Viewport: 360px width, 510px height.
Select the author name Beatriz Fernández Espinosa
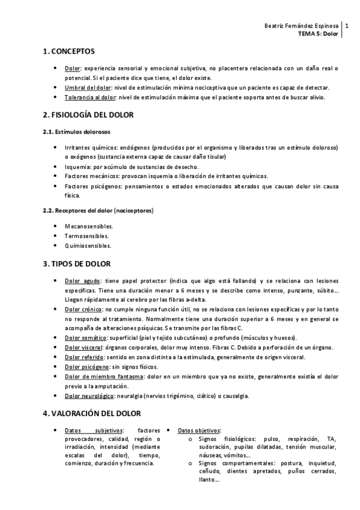click(x=301, y=26)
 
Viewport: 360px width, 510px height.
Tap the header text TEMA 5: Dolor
click(x=319, y=34)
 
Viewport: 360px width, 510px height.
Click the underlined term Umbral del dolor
click(x=84, y=88)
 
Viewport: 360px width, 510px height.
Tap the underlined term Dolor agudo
click(x=82, y=281)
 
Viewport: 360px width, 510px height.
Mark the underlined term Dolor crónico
click(x=84, y=309)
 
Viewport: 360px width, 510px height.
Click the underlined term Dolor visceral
click(x=84, y=347)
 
